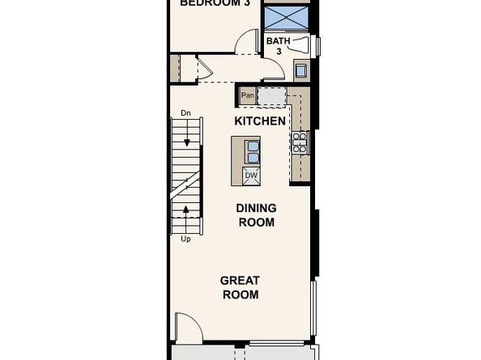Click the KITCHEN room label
259,121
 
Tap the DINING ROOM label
255,215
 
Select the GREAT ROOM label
240,288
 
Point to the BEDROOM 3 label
215,3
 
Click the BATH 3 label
278,45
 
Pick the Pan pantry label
246,96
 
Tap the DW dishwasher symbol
251,174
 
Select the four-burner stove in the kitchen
299,143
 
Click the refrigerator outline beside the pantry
270,96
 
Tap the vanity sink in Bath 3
300,70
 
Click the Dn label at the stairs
185,113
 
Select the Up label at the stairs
185,239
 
